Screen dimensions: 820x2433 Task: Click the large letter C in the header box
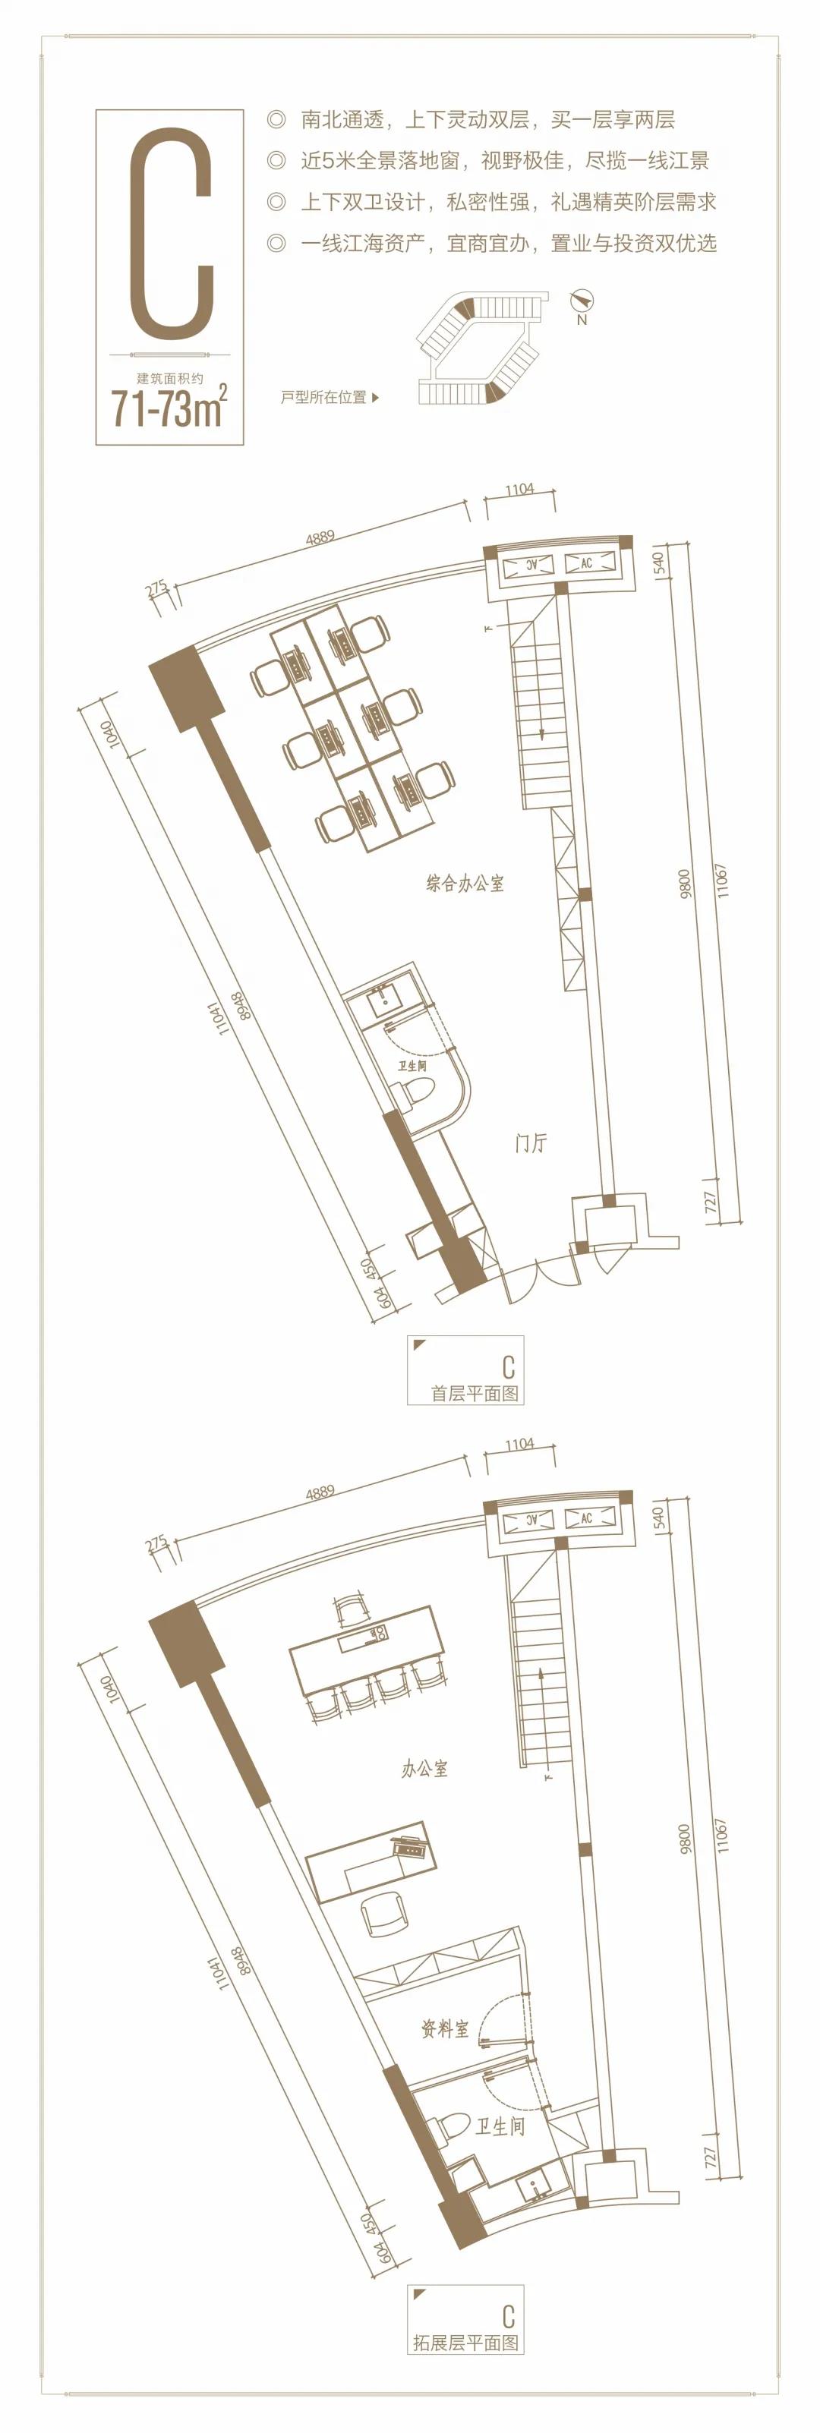[x=171, y=235]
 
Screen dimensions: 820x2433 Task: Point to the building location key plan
[x=480, y=347]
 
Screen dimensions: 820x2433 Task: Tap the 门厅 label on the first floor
[x=531, y=1142]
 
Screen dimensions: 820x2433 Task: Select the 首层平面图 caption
[x=475, y=1393]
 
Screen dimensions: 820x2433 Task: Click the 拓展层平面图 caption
[x=465, y=2343]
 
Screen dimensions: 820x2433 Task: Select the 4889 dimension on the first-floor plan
[x=320, y=538]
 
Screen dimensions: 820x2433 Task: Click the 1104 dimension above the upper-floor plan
[x=519, y=1444]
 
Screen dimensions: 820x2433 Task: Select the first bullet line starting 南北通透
[x=471, y=120]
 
